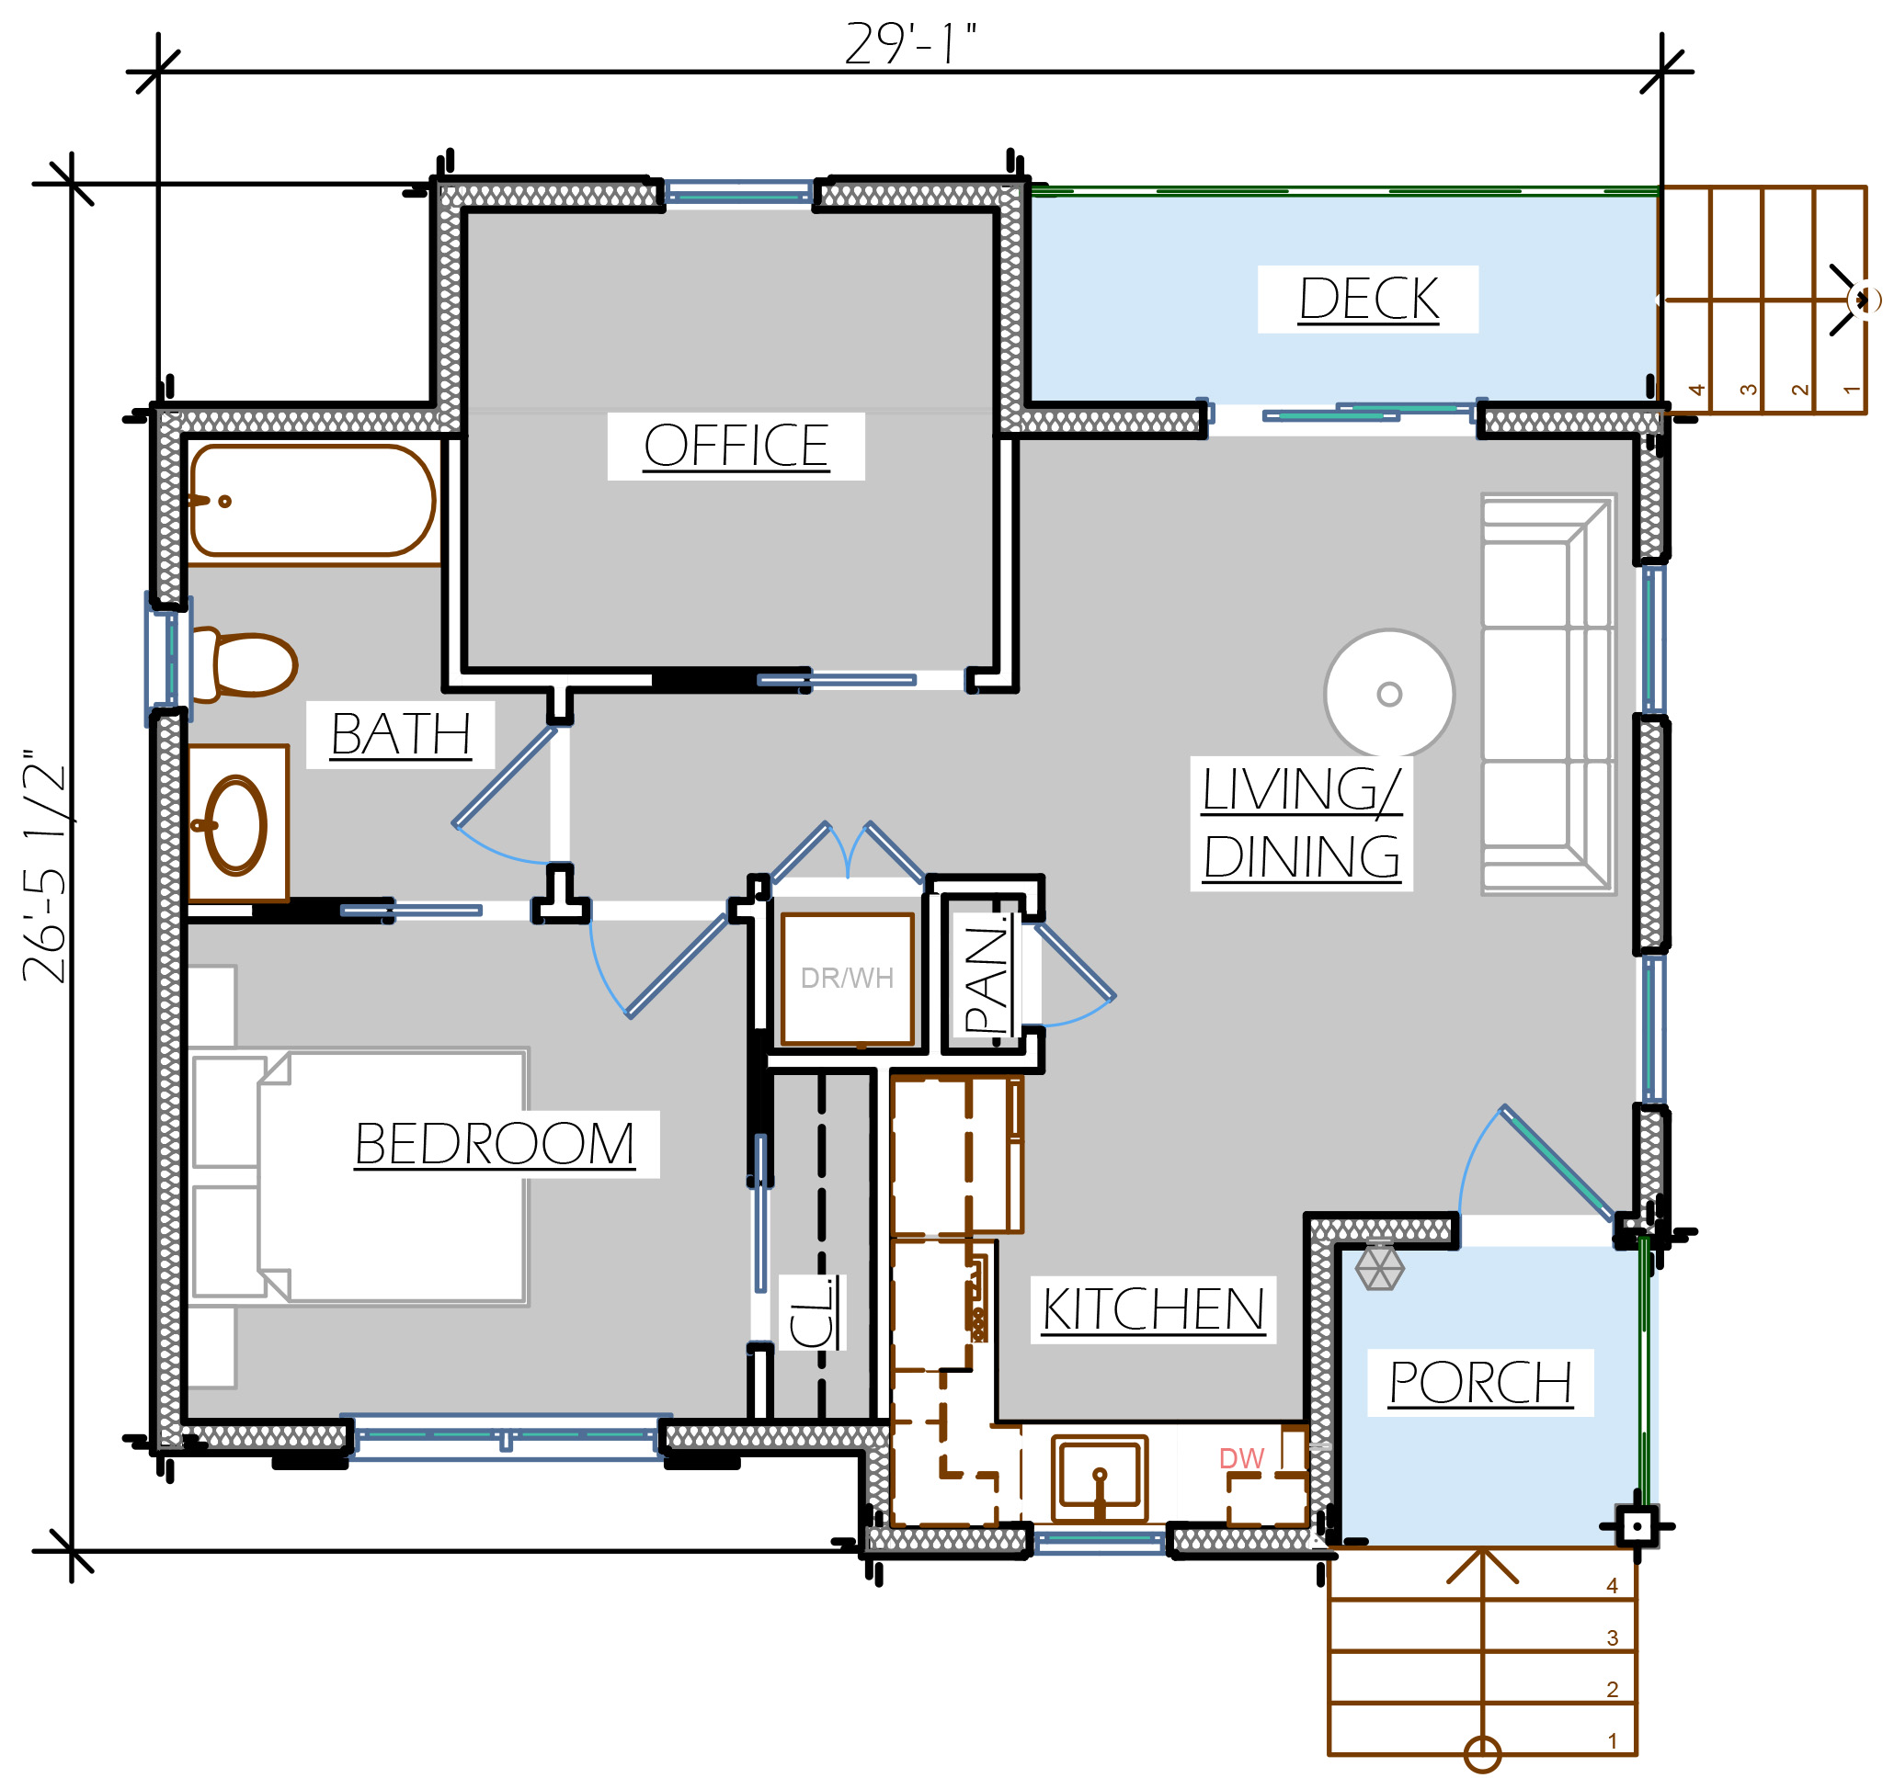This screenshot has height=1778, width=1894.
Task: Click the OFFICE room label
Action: point(736,446)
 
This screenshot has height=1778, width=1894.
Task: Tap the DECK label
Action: point(1368,299)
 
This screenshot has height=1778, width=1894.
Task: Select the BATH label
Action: point(401,734)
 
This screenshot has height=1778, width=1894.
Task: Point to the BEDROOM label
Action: point(495,1144)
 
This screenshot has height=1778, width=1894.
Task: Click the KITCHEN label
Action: point(1153,1309)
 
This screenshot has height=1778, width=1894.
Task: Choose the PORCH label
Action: point(1479,1383)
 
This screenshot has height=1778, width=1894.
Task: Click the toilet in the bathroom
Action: point(245,664)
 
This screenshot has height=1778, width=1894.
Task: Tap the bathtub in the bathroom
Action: point(313,501)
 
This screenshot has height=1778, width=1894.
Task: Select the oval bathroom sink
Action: point(234,825)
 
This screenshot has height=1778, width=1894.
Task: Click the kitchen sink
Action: point(1100,1479)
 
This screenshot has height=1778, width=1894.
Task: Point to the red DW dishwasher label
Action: point(1241,1458)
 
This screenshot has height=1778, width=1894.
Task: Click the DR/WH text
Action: point(847,978)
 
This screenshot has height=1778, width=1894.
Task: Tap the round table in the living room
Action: point(1389,695)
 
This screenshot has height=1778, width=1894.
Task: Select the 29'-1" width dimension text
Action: point(912,44)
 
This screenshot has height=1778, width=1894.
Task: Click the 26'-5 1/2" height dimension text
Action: point(44,865)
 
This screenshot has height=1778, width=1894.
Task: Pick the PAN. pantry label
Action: point(987,977)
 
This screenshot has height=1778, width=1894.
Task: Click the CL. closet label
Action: point(813,1312)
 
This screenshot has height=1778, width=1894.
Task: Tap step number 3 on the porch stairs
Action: point(1612,1638)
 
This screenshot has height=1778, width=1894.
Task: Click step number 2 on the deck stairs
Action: point(1799,390)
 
